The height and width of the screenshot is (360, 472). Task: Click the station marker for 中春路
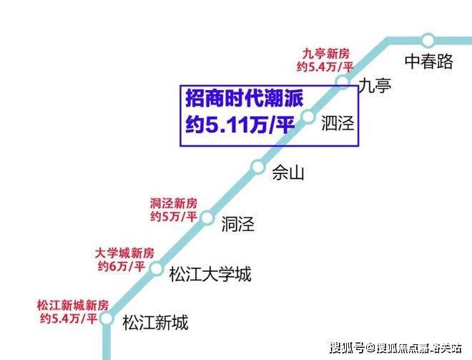tap(428, 40)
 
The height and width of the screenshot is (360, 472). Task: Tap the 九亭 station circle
tap(343, 82)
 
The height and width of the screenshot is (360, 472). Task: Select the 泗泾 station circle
tap(308, 117)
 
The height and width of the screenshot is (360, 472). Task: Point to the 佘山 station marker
tap(258, 166)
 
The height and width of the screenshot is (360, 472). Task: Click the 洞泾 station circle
tap(207, 218)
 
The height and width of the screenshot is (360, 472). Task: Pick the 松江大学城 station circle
tap(157, 268)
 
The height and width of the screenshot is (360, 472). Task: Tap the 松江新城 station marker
tap(106, 318)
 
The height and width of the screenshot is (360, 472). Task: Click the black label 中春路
tap(428, 62)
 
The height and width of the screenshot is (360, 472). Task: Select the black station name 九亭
tap(375, 85)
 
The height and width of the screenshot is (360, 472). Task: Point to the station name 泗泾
tap(338, 123)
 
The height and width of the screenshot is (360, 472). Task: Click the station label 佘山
tap(288, 172)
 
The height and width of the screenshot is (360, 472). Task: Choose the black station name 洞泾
tap(238, 224)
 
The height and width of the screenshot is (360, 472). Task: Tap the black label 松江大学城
tap(210, 274)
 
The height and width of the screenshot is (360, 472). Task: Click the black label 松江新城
tap(155, 322)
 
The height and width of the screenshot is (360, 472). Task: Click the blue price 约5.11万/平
tap(240, 125)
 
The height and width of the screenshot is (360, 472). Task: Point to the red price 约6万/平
tap(121, 266)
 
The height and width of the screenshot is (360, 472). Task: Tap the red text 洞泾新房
tap(173, 203)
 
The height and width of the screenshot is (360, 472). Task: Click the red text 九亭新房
tap(325, 54)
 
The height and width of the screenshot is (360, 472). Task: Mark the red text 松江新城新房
tap(73, 306)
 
